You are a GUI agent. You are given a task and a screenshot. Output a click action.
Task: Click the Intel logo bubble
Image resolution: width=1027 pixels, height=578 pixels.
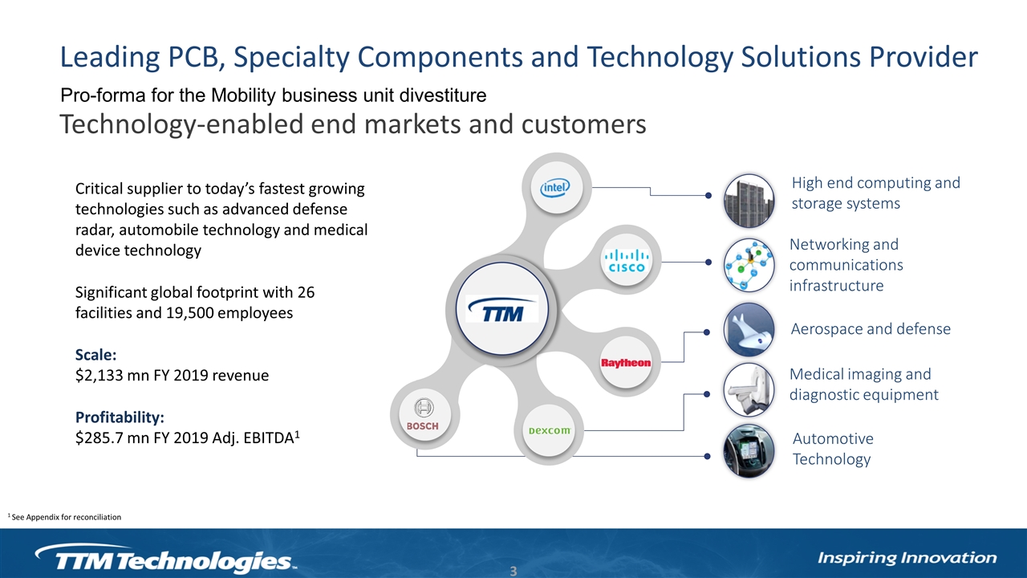pyautogui.click(x=556, y=187)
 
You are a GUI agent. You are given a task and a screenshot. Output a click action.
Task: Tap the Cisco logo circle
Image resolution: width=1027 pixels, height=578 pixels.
pyautogui.click(x=627, y=260)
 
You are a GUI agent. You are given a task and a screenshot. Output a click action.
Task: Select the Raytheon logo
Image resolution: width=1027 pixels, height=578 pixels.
pyautogui.click(x=626, y=362)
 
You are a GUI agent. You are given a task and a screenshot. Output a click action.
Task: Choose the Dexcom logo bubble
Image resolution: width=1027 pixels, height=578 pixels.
pyautogui.click(x=549, y=430)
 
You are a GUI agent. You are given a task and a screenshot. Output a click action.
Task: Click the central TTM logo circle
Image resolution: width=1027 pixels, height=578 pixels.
pyautogui.click(x=502, y=309)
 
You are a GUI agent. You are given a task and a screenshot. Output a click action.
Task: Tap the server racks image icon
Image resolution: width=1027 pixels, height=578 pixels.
pyautogui.click(x=749, y=201)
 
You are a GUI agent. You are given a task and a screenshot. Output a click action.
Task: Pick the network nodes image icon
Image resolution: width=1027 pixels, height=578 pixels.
pyautogui.click(x=749, y=265)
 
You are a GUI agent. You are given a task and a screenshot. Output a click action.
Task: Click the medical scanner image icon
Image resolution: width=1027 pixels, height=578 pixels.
pyautogui.click(x=749, y=390)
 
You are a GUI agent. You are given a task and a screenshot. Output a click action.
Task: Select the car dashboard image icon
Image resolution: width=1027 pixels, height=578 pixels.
pyautogui.click(x=749, y=451)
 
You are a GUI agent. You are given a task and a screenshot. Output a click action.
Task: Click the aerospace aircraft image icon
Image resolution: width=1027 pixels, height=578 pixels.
pyautogui.click(x=749, y=329)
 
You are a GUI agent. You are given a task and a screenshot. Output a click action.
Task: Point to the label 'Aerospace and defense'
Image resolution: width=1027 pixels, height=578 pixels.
pyautogui.click(x=871, y=329)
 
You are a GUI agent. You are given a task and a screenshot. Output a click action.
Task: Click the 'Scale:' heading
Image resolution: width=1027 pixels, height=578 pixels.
pyautogui.click(x=95, y=355)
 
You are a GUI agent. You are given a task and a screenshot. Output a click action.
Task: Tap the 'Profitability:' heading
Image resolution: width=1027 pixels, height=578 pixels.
pyautogui.click(x=120, y=417)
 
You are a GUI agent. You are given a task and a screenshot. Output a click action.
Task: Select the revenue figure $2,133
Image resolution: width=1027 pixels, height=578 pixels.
pyautogui.click(x=99, y=376)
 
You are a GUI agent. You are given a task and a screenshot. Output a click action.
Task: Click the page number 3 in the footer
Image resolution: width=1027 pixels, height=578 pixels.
pyautogui.click(x=513, y=571)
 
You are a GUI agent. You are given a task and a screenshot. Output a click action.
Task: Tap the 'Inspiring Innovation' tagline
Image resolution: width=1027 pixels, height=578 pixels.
pyautogui.click(x=907, y=558)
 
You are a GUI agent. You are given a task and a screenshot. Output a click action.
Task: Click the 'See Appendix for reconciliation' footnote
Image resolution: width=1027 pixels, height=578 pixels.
pyautogui.click(x=65, y=517)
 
